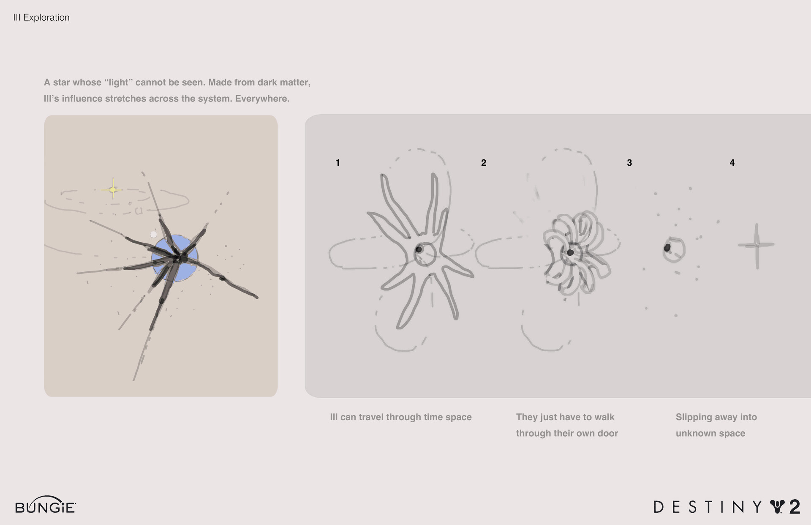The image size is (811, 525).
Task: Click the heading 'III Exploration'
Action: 41,17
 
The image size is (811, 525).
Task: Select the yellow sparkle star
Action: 113,190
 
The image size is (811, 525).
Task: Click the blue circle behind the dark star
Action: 175,258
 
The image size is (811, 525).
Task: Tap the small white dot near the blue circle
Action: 153,234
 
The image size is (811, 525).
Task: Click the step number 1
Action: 337,163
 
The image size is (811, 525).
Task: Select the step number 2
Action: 484,163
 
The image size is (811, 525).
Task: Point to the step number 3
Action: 629,163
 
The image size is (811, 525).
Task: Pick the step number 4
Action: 732,163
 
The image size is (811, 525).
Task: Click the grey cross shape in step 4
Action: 757,245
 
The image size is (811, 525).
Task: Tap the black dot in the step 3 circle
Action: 667,248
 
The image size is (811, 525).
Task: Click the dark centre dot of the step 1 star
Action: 419,249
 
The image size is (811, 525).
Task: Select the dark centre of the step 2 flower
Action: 570,253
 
